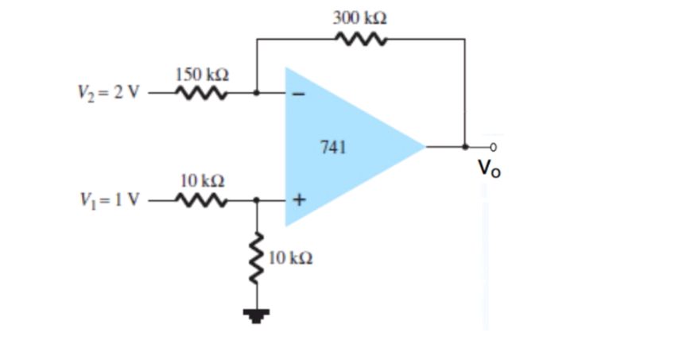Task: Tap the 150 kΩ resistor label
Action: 202,74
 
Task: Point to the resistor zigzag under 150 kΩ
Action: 202,92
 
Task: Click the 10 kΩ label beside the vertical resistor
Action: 291,258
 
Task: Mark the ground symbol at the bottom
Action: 256,317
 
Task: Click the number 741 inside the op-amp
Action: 332,146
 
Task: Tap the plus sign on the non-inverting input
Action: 300,199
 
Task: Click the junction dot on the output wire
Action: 465,146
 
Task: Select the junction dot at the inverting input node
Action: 256,92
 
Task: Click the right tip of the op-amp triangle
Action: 425,146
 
